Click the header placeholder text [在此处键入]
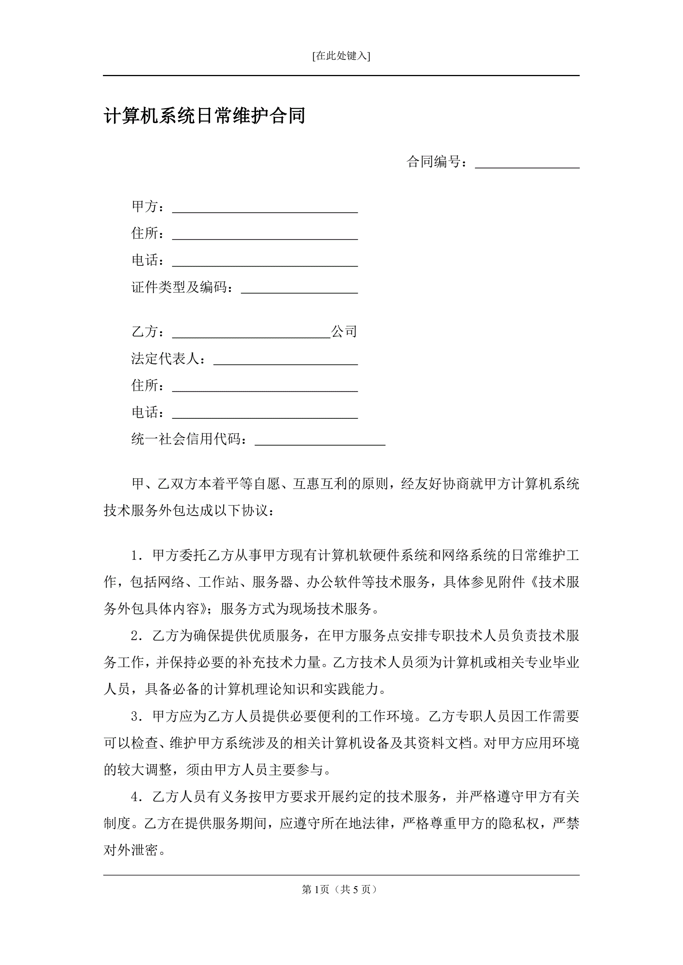(341, 56)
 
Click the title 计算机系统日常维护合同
(204, 116)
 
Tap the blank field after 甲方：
(265, 208)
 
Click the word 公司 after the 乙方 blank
(344, 332)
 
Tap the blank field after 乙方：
(251, 332)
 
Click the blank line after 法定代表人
(285, 360)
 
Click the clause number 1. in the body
(137, 556)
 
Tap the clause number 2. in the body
(137, 636)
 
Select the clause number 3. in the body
(137, 717)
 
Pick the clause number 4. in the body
(137, 797)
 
